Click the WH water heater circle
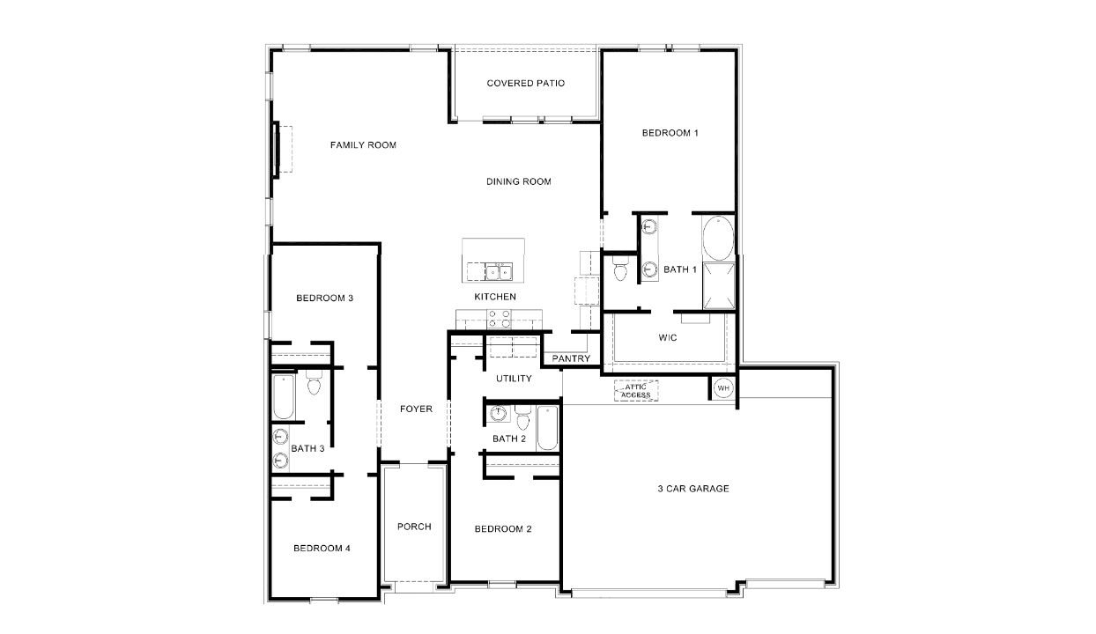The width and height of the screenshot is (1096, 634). tap(722, 388)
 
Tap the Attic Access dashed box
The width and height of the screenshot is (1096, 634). tap(635, 390)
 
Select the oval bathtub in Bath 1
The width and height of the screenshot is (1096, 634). tap(718, 238)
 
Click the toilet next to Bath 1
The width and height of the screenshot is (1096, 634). tap(618, 269)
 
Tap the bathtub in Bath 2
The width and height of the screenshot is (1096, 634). tap(547, 428)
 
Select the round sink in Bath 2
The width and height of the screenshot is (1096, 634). tap(498, 412)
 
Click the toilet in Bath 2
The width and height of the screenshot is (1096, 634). tap(522, 418)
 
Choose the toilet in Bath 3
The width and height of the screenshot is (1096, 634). tap(314, 385)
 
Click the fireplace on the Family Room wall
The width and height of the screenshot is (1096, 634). tap(278, 150)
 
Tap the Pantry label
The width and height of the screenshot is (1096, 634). tap(571, 358)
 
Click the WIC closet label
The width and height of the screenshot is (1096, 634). tap(668, 337)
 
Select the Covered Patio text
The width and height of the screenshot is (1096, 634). tap(525, 84)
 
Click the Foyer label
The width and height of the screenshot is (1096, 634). tap(416, 409)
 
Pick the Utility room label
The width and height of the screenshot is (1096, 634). tap(514, 379)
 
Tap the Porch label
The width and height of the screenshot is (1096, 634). tap(414, 527)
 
